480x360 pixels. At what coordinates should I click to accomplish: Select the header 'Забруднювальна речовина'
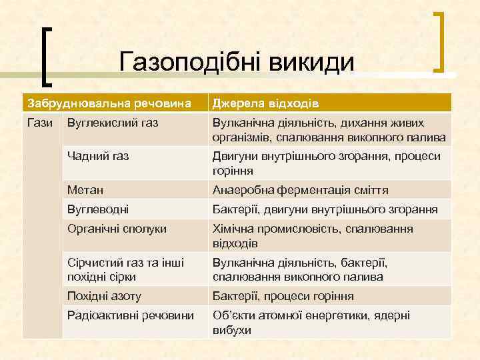pyautogui.click(x=108, y=103)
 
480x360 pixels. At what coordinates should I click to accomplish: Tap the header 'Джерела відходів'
pyautogui.click(x=265, y=103)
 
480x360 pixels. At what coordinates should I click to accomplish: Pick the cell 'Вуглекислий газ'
pyautogui.click(x=113, y=123)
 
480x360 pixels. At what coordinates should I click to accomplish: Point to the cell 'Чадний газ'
pyautogui.click(x=98, y=156)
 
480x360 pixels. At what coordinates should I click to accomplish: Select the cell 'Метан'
pyautogui.click(x=85, y=190)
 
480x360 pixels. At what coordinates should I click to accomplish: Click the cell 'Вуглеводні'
pyautogui.click(x=98, y=209)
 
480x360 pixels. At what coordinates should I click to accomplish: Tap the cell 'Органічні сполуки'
pyautogui.click(x=117, y=229)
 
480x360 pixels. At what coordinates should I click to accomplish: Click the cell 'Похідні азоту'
pyautogui.click(x=104, y=296)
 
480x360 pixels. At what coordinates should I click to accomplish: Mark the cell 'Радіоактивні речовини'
pyautogui.click(x=131, y=315)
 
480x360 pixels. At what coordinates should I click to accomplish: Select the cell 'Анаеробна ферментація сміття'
pyautogui.click(x=300, y=190)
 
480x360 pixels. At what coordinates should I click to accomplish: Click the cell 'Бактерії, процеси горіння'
pyautogui.click(x=283, y=296)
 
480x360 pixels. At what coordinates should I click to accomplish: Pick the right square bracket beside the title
pyautogui.click(x=440, y=41)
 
